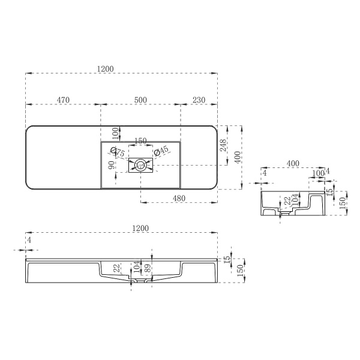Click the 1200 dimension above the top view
(x=106, y=69)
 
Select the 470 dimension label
(x=63, y=100)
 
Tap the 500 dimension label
(x=140, y=100)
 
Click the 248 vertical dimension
(x=224, y=145)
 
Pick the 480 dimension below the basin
(x=179, y=198)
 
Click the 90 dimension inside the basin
(x=112, y=165)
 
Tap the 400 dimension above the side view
(x=293, y=163)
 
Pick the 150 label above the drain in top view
(x=140, y=141)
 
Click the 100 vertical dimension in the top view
(x=116, y=132)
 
